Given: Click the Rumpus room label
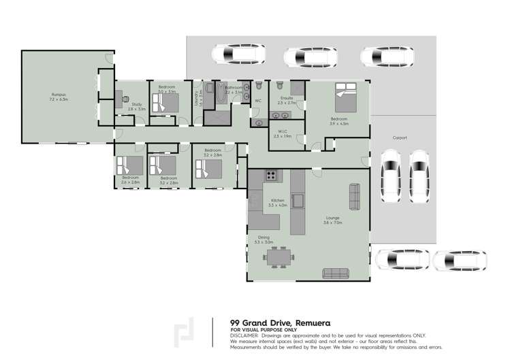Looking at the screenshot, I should [59, 94].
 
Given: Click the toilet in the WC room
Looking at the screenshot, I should [259, 86].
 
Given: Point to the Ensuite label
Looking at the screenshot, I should [287, 98].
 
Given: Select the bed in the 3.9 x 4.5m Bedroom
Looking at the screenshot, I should [345, 98].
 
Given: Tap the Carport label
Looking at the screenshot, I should [400, 137].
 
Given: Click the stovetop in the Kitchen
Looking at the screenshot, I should [272, 175].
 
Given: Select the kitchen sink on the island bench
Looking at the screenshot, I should [298, 199].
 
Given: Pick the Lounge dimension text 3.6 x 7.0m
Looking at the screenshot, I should [333, 223].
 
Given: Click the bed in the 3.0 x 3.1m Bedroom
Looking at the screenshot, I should [165, 102].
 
